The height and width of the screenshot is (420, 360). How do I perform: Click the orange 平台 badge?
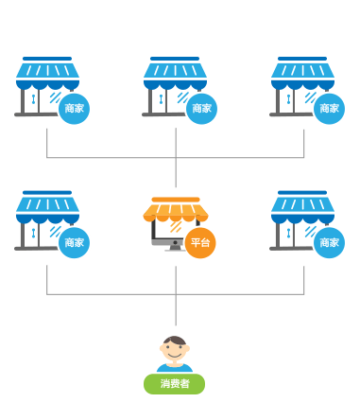[x=200, y=243]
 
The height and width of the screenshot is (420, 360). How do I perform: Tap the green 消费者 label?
[x=174, y=384]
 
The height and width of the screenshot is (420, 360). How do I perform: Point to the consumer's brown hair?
[x=175, y=341]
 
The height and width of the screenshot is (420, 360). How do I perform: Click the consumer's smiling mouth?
[x=175, y=356]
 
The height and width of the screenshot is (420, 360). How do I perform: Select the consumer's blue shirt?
[x=175, y=368]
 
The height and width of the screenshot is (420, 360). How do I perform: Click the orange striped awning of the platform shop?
[x=176, y=212]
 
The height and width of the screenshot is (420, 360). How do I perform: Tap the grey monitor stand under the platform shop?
[x=175, y=248]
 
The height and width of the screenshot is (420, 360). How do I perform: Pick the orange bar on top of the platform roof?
[x=176, y=200]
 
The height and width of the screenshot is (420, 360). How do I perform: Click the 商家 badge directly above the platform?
[x=201, y=109]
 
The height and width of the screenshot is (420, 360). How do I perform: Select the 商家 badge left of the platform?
[x=74, y=243]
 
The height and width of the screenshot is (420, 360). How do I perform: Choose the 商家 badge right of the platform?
[x=329, y=243]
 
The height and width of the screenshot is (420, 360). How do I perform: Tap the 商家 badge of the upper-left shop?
[x=74, y=109]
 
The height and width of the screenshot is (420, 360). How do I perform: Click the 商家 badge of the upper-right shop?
[x=329, y=109]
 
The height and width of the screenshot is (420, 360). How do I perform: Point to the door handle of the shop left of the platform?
[x=33, y=233]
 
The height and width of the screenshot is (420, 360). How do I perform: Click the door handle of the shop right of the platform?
[x=288, y=233]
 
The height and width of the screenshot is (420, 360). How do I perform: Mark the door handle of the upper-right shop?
[x=288, y=99]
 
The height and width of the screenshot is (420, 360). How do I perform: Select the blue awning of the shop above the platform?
[x=175, y=77]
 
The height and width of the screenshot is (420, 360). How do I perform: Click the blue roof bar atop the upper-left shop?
[x=47, y=59]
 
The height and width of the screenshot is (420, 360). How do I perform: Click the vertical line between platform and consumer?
[x=176, y=295]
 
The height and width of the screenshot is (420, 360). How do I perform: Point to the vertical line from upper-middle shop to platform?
[x=176, y=157]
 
